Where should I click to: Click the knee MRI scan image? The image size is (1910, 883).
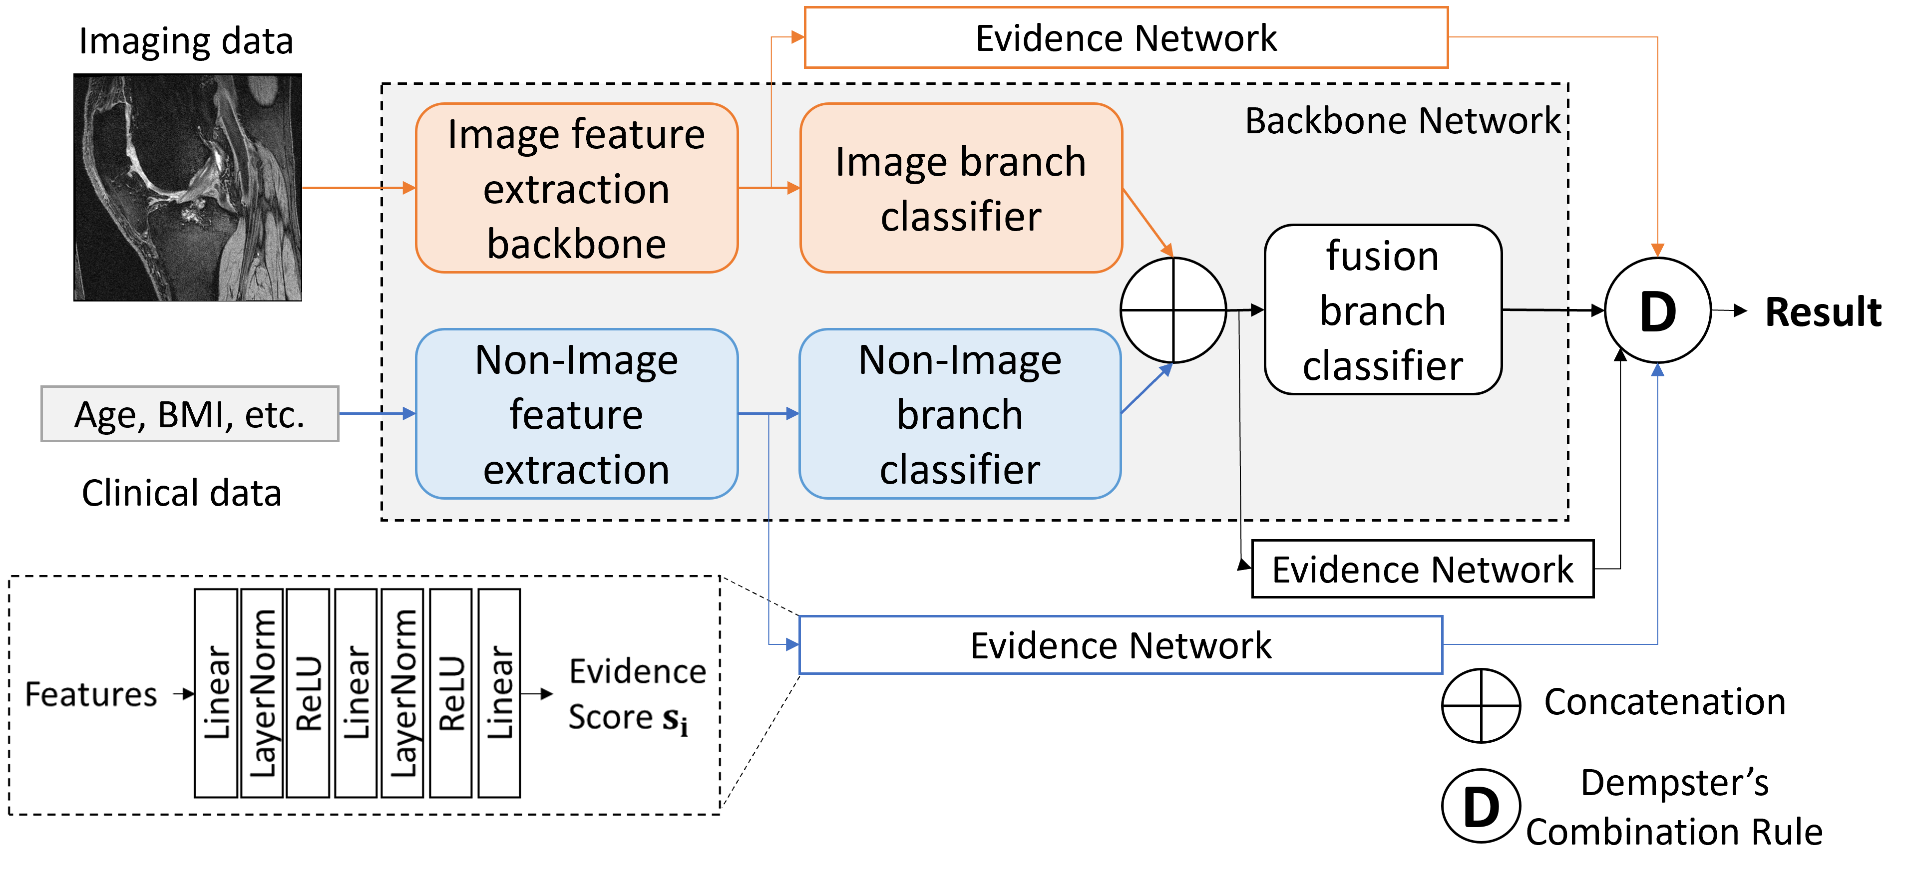pos(188,188)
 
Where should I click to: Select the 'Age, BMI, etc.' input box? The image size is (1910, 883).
pos(190,414)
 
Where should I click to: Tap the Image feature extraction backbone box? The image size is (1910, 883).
pos(576,188)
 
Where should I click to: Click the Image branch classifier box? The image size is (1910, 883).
pos(960,188)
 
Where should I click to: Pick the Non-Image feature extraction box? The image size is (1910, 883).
pos(576,414)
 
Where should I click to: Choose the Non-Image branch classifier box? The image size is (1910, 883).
pos(959,414)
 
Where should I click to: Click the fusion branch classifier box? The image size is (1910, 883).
pos(1382,310)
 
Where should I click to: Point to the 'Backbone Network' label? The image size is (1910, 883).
pos(1402,120)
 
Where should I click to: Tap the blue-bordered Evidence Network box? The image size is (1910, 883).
pos(1121,645)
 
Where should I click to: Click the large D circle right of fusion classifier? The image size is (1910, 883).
pos(1657,310)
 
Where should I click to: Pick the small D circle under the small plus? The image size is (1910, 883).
pos(1481,807)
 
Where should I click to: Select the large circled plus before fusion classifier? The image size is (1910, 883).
pos(1173,310)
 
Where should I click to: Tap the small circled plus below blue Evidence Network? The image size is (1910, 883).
pos(1481,706)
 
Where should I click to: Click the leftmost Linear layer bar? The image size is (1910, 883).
pos(216,693)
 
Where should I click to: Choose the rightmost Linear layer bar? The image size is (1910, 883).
pos(499,693)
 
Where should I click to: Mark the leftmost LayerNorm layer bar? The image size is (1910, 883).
pos(262,693)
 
